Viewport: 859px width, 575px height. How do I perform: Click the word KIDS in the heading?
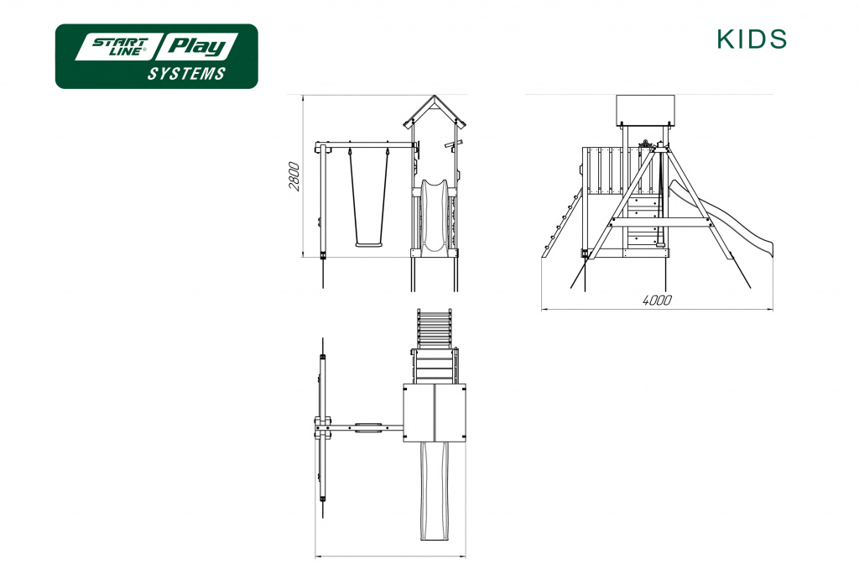point(752,39)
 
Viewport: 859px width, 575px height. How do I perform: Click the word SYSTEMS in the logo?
point(186,74)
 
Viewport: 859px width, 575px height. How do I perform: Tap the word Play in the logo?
point(198,46)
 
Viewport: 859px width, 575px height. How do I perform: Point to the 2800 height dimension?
point(294,176)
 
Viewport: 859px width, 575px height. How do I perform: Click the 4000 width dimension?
point(657,301)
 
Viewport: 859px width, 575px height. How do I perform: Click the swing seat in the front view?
point(368,244)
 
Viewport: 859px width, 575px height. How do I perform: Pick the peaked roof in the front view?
point(435,112)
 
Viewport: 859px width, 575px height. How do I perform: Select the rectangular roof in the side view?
point(645,110)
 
